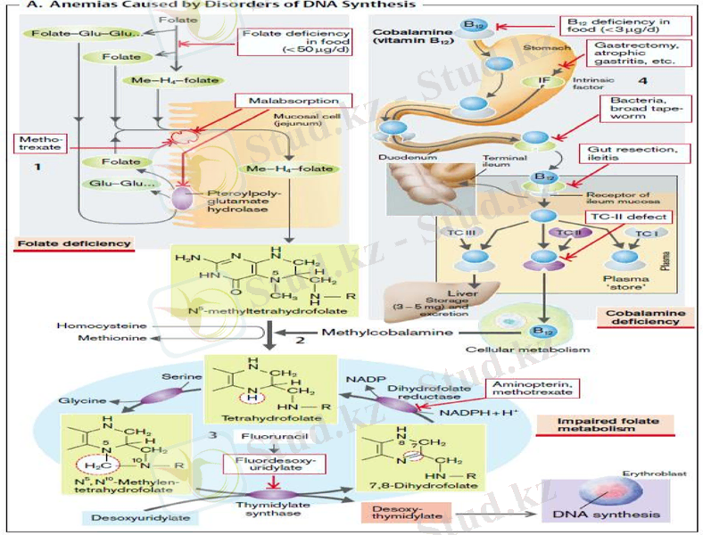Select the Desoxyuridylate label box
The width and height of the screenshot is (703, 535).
point(131,516)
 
